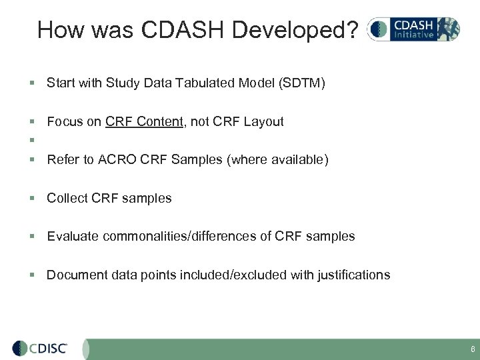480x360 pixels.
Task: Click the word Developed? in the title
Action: coord(299,29)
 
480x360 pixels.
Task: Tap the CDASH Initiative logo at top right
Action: coord(413,29)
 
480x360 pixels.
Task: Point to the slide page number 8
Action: coord(472,349)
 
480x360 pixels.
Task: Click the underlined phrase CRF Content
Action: coord(143,122)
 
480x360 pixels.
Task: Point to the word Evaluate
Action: coord(71,236)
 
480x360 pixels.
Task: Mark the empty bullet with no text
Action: coord(31,141)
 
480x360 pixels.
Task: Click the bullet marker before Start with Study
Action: coord(31,83)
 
